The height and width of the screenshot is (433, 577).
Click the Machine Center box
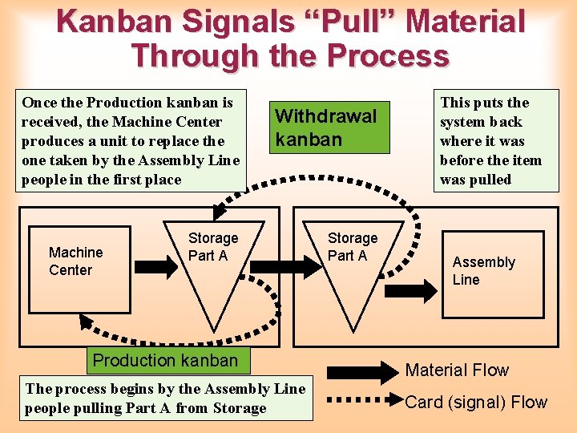79,269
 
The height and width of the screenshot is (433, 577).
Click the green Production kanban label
165,360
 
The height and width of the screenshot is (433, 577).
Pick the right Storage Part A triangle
352,265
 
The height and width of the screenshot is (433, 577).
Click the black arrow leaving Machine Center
148,261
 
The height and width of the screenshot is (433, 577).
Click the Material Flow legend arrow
362,371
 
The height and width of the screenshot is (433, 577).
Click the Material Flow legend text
457,370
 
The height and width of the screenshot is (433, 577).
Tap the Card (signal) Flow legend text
476,403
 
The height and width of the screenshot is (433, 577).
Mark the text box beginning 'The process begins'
165,399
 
